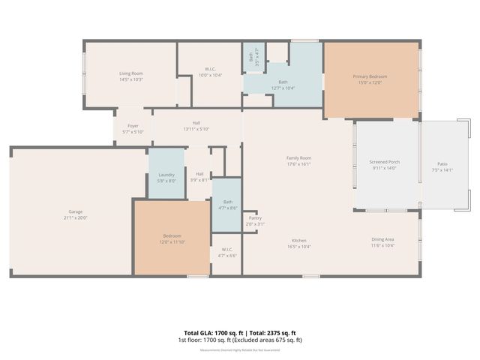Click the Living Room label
[130, 73]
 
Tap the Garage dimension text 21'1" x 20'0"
[76, 217]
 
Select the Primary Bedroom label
[370, 76]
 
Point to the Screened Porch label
[385, 162]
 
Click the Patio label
[442, 163]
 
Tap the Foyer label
[133, 125]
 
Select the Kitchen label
[299, 240]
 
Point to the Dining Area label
[383, 240]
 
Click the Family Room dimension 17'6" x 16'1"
[298, 163]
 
